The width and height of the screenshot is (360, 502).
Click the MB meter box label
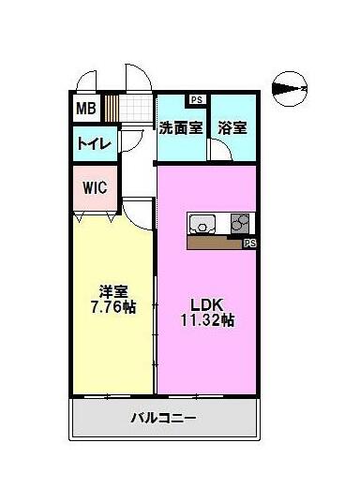click(x=86, y=109)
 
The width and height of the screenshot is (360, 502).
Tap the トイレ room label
click(x=95, y=143)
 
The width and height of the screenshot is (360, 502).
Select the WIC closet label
click(x=95, y=187)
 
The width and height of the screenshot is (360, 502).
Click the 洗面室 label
click(x=181, y=127)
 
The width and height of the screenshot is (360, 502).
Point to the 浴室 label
click(x=232, y=127)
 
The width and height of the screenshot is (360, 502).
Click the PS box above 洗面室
click(x=197, y=99)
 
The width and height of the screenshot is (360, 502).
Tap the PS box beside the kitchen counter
click(x=250, y=244)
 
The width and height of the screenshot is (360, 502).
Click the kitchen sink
click(x=202, y=224)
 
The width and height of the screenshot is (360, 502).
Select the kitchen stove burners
click(x=240, y=223)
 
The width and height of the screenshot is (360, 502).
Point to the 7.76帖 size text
click(x=113, y=307)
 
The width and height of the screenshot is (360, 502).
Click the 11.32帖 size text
click(x=207, y=320)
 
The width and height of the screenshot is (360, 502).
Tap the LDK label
click(x=207, y=304)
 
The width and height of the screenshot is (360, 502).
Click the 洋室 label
click(x=113, y=291)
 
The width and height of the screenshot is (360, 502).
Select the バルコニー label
click(x=163, y=418)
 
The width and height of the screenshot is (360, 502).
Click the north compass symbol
click(x=290, y=89)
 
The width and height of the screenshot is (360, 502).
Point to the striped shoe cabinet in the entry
click(x=112, y=109)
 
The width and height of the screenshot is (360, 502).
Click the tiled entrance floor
click(x=136, y=109)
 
